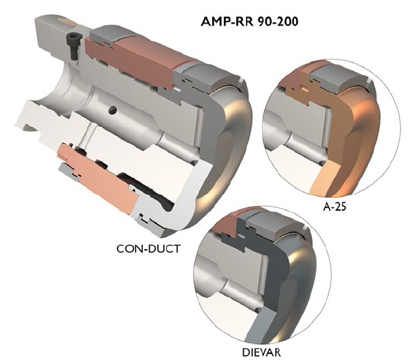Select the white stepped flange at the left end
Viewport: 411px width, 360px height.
coord(35,118)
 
